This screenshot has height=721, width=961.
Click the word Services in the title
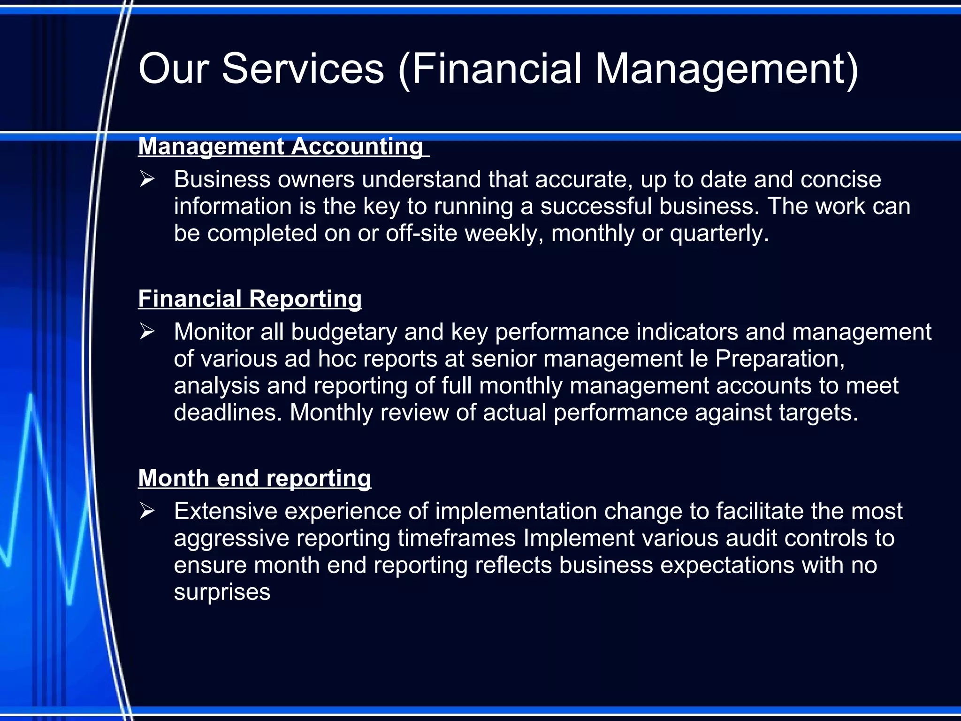coord(303,69)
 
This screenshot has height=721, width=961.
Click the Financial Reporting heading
coord(250,299)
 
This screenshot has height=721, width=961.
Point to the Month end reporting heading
coord(254,478)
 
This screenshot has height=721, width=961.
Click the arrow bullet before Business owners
coord(147,179)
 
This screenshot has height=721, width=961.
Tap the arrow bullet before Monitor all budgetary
coord(147,332)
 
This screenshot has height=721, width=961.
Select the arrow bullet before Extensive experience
coord(147,511)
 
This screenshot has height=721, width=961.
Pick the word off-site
coord(421,233)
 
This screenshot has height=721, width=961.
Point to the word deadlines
coord(228,413)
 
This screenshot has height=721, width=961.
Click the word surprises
coord(222,592)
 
